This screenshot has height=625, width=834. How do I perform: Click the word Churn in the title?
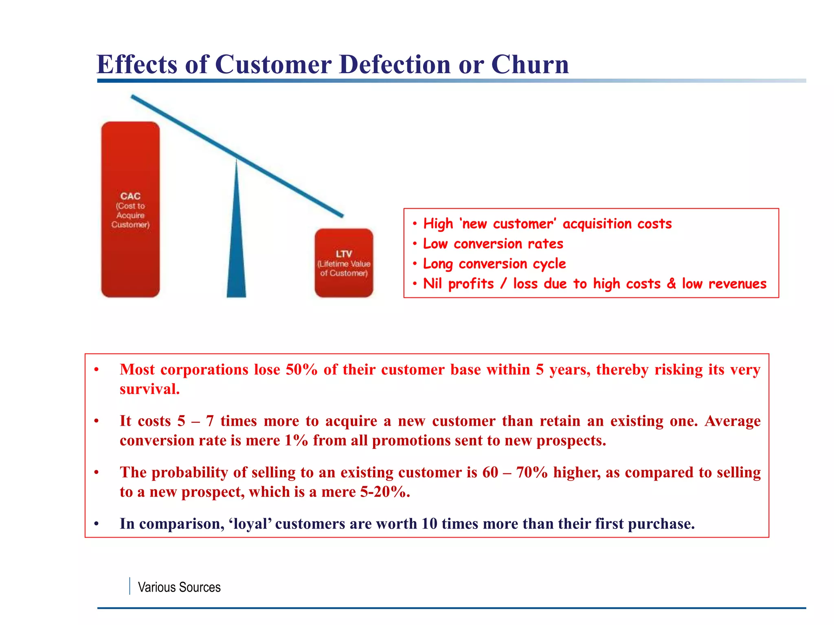530,64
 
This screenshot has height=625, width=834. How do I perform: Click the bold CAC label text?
130,196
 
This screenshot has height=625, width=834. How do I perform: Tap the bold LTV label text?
344,254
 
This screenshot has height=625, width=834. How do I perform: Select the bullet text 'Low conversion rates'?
493,244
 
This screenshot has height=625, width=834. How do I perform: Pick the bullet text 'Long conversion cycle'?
494,264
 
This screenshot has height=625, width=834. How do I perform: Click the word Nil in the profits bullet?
432,283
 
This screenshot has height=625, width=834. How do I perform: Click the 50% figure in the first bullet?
301,369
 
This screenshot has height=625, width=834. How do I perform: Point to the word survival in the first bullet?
149,389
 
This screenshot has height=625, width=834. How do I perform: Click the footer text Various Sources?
179,587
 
